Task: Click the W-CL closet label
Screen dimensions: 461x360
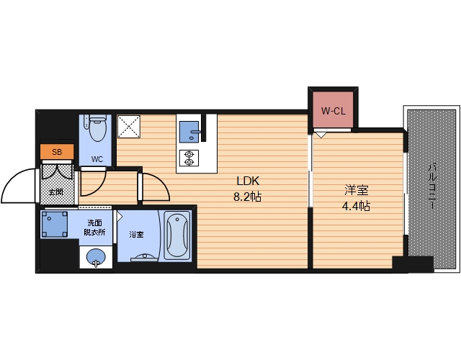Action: (x=333, y=111)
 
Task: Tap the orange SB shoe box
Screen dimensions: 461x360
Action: (x=57, y=152)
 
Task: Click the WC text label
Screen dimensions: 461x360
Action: (x=97, y=159)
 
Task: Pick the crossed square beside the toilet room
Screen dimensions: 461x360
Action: (x=129, y=127)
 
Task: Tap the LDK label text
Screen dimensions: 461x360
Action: (x=248, y=181)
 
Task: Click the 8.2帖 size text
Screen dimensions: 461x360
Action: (x=247, y=197)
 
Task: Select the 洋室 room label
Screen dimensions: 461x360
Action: (x=357, y=190)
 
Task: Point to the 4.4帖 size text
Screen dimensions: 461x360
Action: (x=356, y=206)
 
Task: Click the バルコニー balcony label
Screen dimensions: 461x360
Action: (x=432, y=186)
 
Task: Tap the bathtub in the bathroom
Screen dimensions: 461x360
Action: (x=176, y=235)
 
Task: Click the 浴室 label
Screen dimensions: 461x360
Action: (x=136, y=234)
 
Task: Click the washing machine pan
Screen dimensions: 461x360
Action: (x=54, y=224)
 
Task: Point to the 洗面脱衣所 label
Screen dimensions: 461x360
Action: (x=94, y=228)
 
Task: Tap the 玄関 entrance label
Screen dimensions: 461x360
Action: (x=56, y=192)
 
